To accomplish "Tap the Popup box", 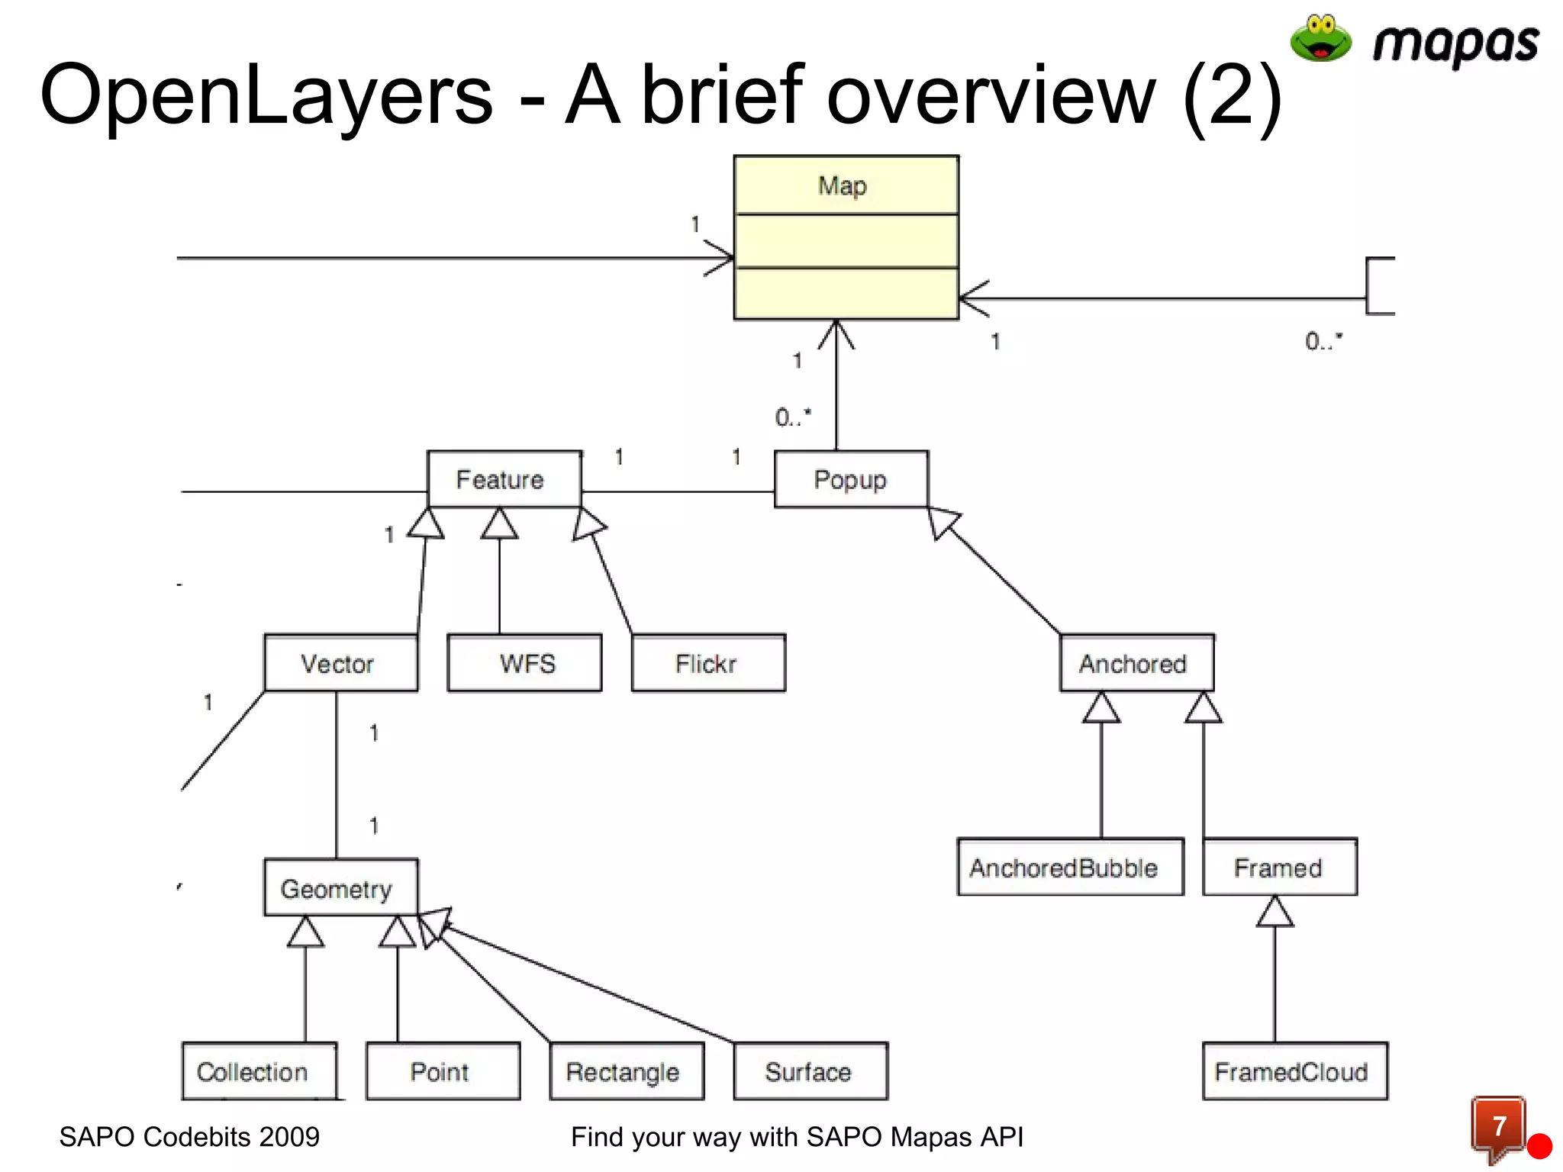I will click(851, 479).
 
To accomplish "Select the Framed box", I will click(1279, 868).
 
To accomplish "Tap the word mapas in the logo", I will click(1455, 44).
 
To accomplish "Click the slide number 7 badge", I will click(1498, 1126).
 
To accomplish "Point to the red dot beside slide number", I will click(1539, 1146).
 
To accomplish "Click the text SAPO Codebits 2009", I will click(189, 1137).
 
